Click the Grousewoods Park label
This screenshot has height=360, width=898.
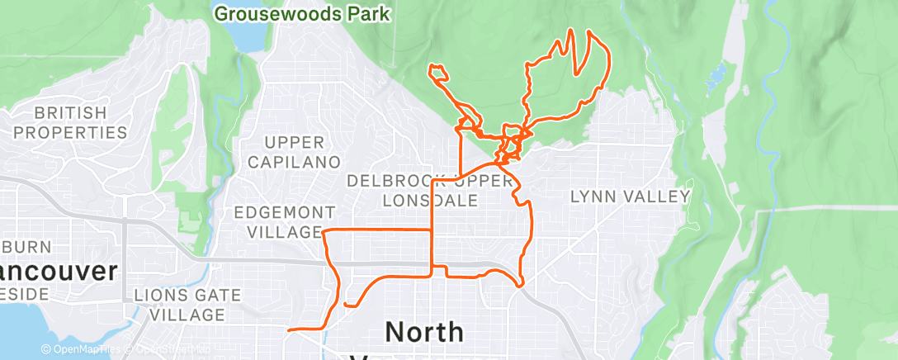[x=301, y=13]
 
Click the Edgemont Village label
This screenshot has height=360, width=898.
[x=284, y=222]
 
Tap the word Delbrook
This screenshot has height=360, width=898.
[x=395, y=180]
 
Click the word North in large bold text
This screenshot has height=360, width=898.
[x=424, y=332]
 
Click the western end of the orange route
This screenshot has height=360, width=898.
[x=288, y=330]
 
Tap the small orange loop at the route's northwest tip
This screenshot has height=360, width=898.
[x=437, y=73]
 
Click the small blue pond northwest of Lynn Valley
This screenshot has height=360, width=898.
[x=716, y=77]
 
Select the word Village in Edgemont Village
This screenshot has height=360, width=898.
[x=284, y=231]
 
